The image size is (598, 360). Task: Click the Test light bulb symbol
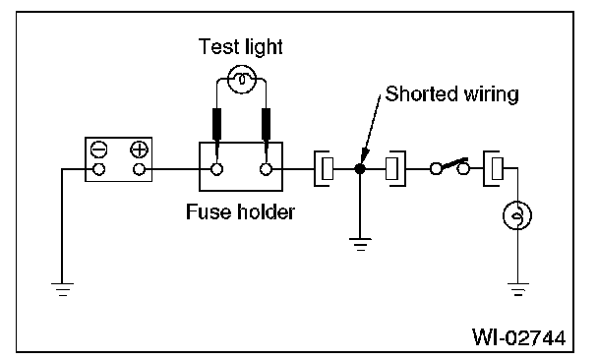click(241, 80)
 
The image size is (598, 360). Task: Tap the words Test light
click(240, 47)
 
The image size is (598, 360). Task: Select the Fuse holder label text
click(240, 211)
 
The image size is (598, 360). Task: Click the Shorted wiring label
click(451, 93)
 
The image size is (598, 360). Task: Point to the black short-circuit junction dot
click(360, 168)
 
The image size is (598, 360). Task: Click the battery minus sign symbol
click(98, 150)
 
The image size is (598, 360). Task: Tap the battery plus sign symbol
click(140, 150)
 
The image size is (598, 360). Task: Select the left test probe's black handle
click(216, 124)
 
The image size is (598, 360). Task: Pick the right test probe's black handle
click(266, 124)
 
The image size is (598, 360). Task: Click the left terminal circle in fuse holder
click(216, 169)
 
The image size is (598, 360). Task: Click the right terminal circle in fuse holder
click(266, 169)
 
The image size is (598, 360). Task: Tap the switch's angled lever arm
click(454, 163)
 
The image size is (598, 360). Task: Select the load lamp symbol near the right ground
click(517, 215)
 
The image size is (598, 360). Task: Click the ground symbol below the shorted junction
click(360, 244)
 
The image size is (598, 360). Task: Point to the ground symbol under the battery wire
click(63, 289)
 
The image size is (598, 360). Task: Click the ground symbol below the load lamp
click(518, 289)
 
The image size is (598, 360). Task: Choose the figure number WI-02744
click(518, 337)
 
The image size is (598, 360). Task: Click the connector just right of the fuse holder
click(323, 168)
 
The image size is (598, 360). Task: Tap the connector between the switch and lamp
click(493, 168)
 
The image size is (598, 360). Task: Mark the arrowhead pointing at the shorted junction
click(365, 156)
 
